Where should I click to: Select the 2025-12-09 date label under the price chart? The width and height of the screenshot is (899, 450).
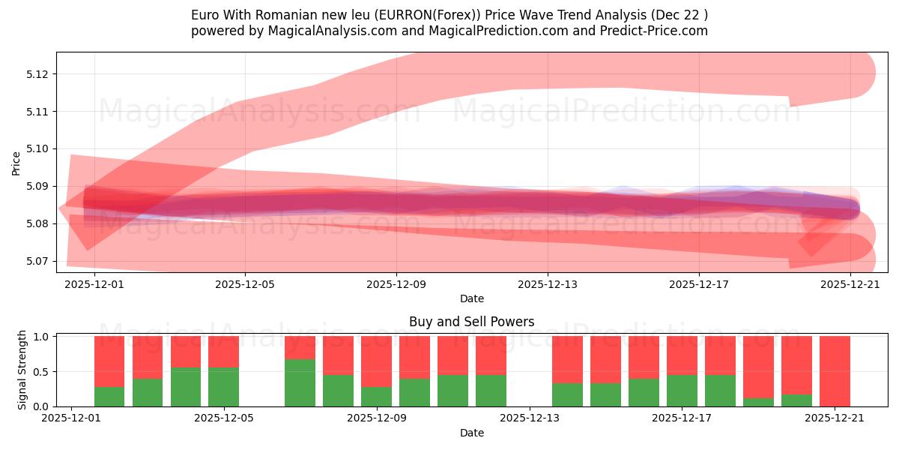(x=396, y=284)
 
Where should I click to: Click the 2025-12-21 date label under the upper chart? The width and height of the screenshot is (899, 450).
(x=850, y=284)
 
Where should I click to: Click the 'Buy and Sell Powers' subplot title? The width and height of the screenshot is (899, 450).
(x=471, y=322)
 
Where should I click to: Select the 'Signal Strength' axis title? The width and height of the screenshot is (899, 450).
(x=22, y=370)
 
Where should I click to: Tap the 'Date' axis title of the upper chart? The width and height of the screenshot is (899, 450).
(x=471, y=298)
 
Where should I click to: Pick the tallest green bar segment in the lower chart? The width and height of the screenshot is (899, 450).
(x=300, y=383)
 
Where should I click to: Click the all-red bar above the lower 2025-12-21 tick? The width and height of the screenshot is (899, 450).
(x=835, y=371)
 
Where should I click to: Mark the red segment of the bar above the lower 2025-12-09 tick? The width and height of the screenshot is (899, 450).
(x=376, y=361)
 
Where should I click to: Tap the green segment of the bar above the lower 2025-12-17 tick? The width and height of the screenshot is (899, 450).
(x=682, y=391)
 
